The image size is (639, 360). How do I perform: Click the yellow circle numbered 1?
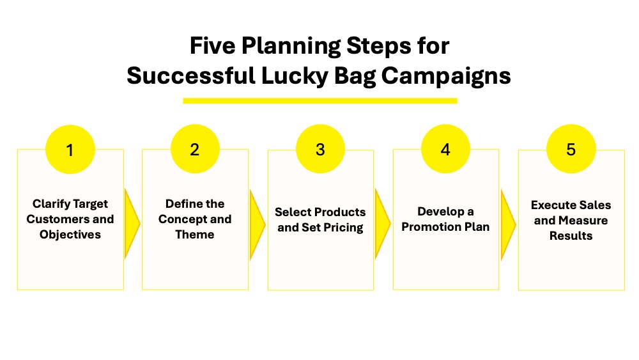70,149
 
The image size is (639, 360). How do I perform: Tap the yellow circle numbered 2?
195,149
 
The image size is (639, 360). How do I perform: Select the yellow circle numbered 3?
320,149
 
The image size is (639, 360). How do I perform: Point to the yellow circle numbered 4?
445,149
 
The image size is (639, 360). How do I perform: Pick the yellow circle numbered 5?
571,149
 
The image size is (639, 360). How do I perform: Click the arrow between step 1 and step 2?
132,224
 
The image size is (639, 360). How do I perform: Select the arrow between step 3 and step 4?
382,224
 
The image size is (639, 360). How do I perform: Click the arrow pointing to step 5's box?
508,224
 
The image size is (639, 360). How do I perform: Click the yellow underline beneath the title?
320,100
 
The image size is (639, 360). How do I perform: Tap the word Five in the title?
212,45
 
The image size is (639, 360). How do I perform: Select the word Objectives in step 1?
70,235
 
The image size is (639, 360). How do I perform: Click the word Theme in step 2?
195,235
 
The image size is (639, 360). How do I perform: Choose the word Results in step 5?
571,236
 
